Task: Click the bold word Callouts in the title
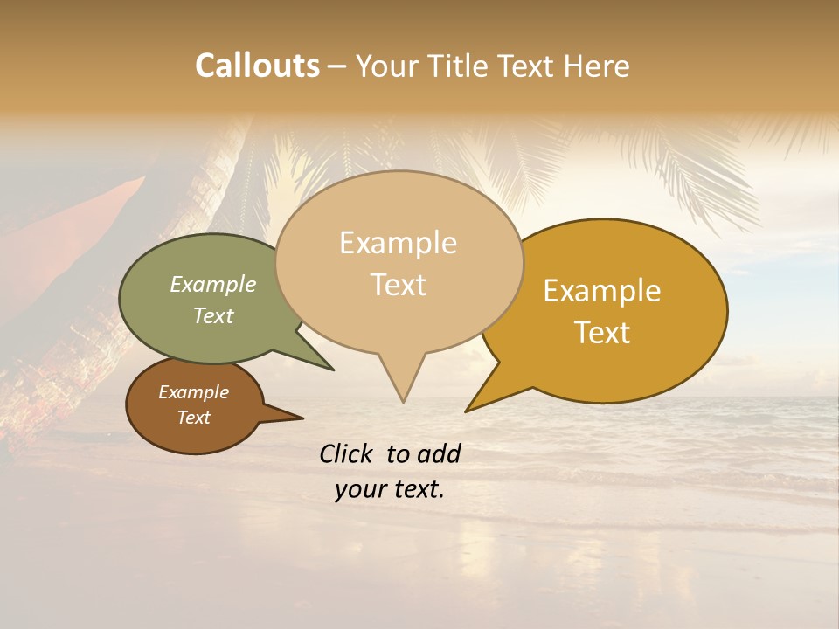click(x=257, y=66)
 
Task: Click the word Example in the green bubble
click(x=213, y=285)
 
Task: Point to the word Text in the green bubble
click(x=213, y=315)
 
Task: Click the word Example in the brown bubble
click(x=193, y=392)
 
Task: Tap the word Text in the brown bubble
click(x=193, y=418)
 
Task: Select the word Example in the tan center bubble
click(x=398, y=243)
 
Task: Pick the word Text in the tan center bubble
click(x=398, y=285)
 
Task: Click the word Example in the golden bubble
click(x=602, y=291)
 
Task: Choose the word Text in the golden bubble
click(x=602, y=332)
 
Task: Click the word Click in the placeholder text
click(x=348, y=453)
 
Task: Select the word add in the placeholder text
click(x=439, y=453)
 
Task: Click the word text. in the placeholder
click(x=417, y=489)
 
